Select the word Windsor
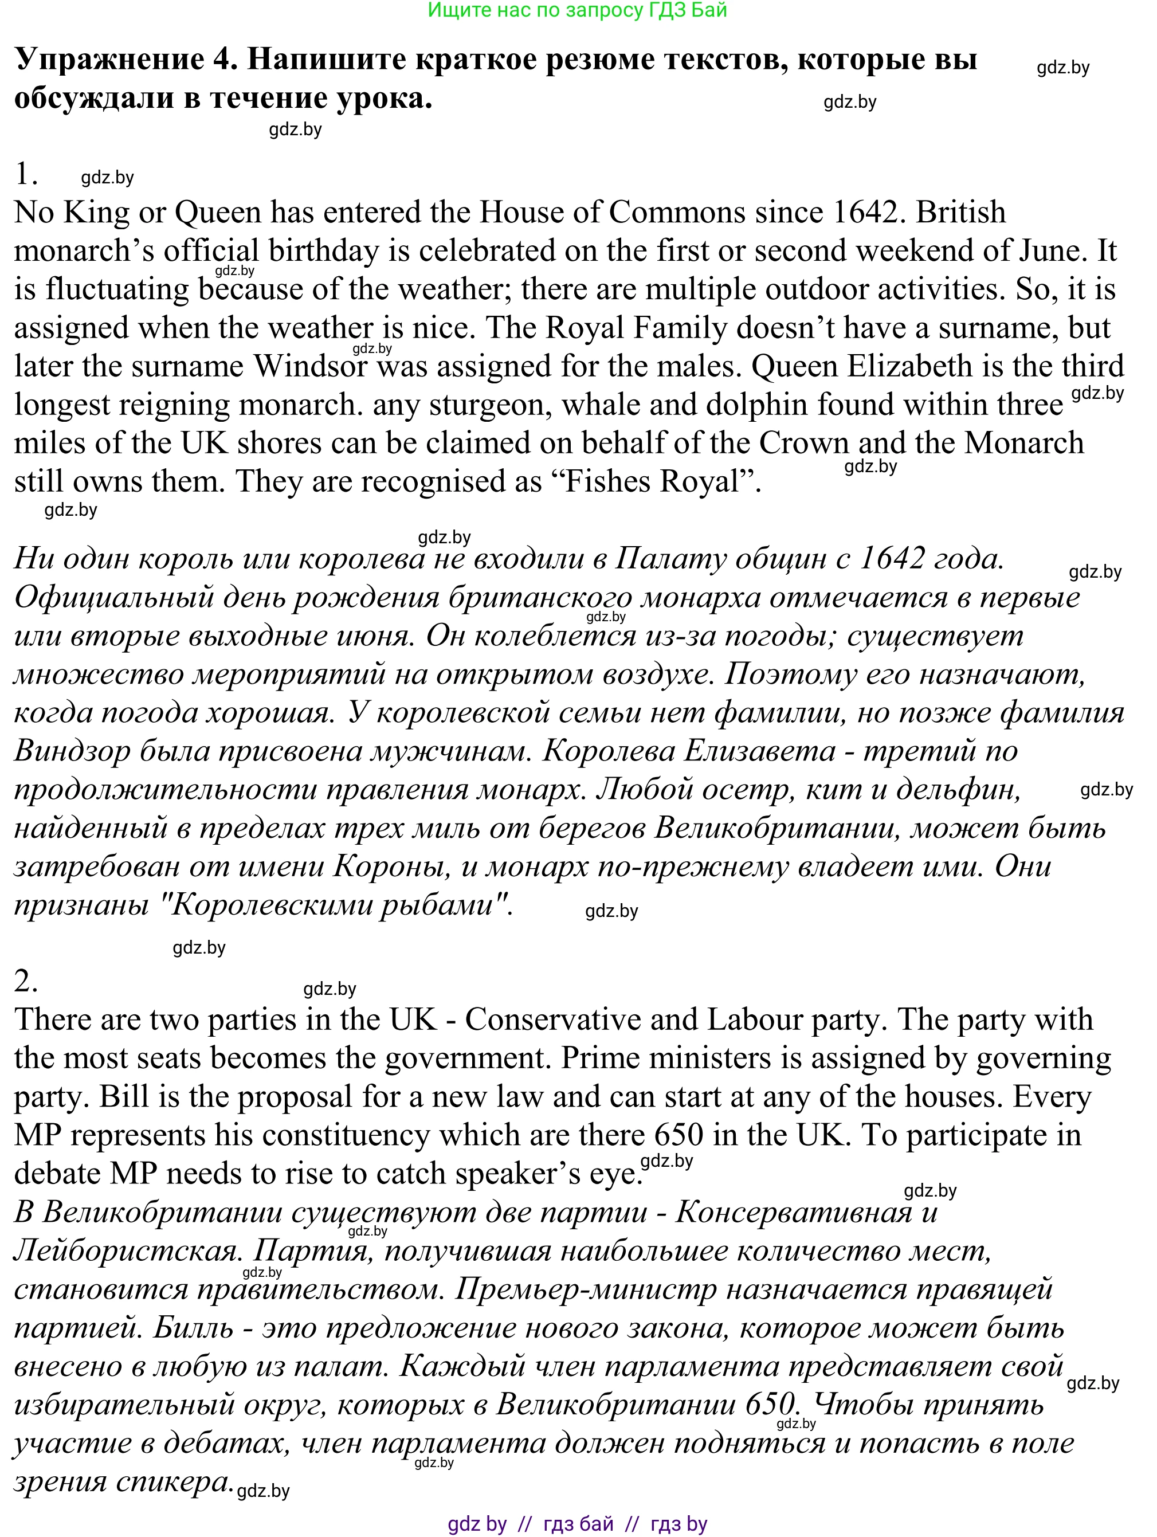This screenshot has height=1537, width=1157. coord(310,366)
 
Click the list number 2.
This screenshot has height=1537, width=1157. coord(25,981)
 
